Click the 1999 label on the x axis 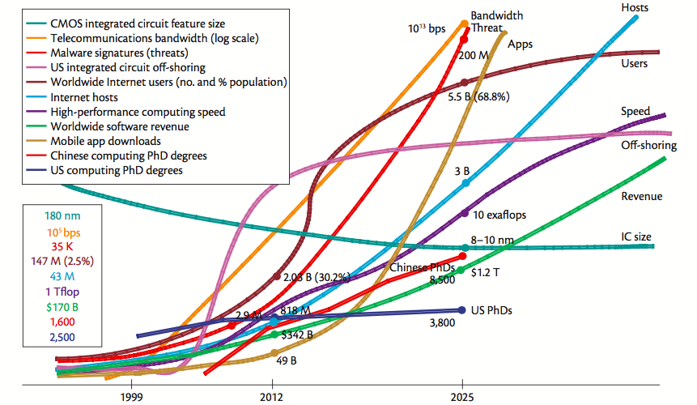130,396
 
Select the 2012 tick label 271,396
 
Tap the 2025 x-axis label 461,396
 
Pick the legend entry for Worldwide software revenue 119,126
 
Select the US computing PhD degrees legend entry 116,170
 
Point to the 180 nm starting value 62,215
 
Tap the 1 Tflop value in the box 62,291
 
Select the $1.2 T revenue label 485,273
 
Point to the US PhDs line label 493,310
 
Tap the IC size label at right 635,237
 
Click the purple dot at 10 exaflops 465,213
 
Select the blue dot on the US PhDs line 461,309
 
